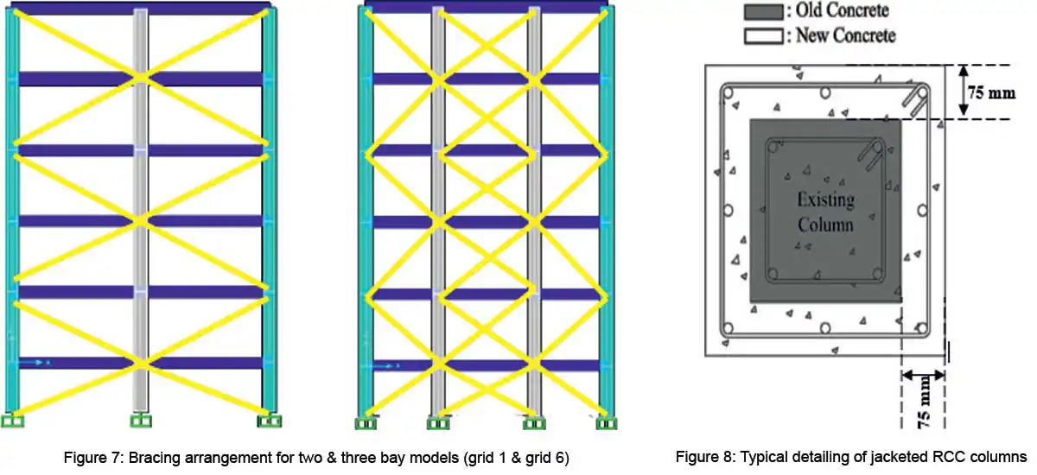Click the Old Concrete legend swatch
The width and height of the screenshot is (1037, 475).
point(764,11)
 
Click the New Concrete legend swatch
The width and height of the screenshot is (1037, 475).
point(764,36)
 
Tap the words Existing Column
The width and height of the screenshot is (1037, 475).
point(825,212)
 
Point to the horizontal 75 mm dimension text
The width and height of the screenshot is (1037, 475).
point(990,92)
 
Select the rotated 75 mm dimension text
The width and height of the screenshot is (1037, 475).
point(923,402)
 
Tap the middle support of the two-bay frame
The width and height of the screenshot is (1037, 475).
point(141,421)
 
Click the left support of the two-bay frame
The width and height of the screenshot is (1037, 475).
point(12,421)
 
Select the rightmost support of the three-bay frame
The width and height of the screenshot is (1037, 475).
point(606,423)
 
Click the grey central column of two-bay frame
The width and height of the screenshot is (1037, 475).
point(140,211)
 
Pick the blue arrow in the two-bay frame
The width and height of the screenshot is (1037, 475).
point(35,363)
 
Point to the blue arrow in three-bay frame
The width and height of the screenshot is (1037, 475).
point(386,366)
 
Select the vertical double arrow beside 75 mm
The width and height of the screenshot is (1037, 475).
point(964,90)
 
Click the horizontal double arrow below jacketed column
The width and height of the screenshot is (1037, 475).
point(923,375)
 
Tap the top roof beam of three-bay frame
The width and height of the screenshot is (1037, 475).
point(486,6)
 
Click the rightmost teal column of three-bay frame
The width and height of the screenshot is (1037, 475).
point(607,211)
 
